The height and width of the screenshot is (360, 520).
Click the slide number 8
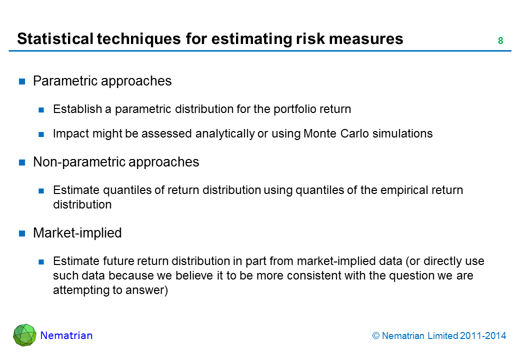500,40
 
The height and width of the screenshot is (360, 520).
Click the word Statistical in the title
55,38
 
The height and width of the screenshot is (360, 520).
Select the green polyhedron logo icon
24,335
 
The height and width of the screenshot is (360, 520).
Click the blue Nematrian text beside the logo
66,335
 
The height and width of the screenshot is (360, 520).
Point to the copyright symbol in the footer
375,336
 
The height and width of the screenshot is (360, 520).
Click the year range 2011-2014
483,336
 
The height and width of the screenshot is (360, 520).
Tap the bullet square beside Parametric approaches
22,81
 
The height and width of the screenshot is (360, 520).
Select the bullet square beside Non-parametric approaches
22,162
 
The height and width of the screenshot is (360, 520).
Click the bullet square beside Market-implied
22,233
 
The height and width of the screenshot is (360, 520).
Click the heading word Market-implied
77,233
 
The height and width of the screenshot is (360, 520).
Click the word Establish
77,109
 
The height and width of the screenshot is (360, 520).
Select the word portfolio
290,109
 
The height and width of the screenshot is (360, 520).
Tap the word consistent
315,276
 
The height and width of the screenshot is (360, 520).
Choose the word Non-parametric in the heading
79,162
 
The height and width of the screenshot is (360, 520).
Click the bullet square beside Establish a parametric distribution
41,110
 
